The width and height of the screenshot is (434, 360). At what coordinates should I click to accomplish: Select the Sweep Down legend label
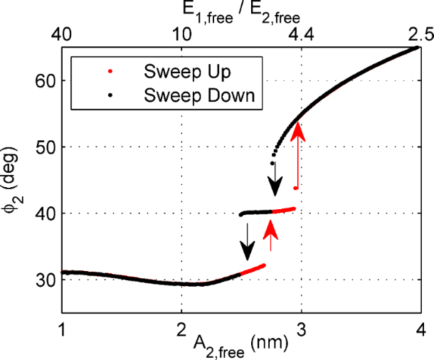coord(199,94)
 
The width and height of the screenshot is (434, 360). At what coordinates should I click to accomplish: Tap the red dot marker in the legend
coord(108,72)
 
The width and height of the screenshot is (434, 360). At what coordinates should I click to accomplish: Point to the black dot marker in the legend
coord(108,94)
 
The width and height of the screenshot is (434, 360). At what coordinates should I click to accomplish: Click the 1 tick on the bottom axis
coord(63,331)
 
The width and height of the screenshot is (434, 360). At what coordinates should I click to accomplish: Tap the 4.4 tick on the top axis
coord(302,33)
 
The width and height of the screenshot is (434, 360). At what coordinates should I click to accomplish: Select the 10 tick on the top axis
coord(182,33)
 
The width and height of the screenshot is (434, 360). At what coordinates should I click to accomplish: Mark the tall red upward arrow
coord(298,153)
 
